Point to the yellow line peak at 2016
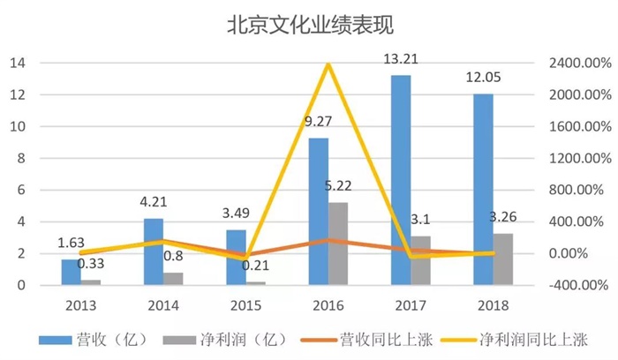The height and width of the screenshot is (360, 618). click(328, 64)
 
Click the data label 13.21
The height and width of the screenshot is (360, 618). click(399, 60)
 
